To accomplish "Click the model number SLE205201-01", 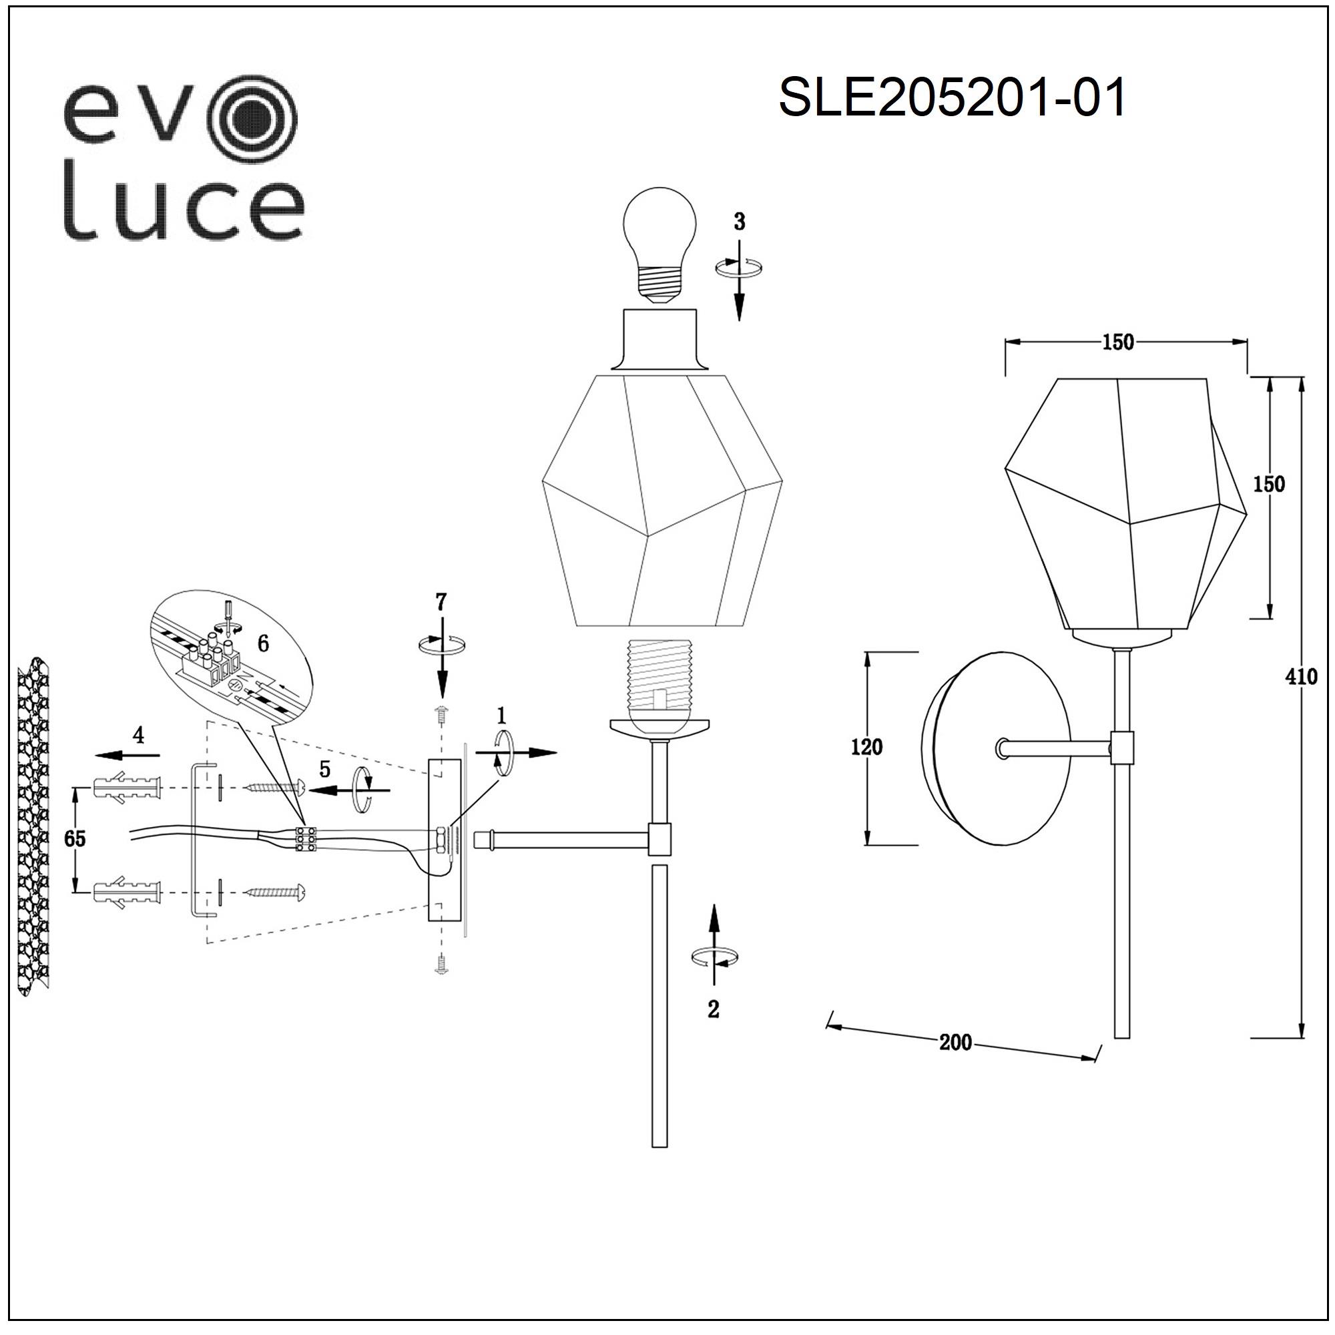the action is click(x=953, y=97).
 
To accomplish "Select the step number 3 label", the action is click(x=740, y=222).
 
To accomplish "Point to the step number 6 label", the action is click(x=263, y=644).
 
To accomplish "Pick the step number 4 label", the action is click(x=139, y=734).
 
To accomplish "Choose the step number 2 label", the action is click(x=714, y=1009).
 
